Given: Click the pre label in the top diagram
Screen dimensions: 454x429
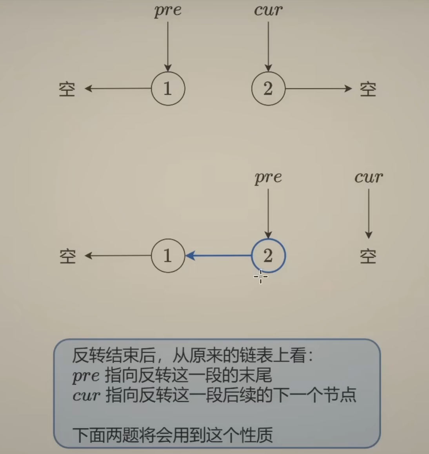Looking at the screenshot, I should click(x=168, y=11).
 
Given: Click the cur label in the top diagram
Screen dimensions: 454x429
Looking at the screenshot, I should click(x=268, y=10).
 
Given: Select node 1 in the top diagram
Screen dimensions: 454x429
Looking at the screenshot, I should click(x=168, y=89).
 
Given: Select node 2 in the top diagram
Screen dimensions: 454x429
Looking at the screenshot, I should click(x=268, y=89).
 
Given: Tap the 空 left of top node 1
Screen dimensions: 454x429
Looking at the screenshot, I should click(x=67, y=89).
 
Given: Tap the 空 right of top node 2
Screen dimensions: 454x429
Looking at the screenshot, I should click(x=368, y=89).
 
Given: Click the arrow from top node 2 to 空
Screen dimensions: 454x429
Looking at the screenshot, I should click(x=318, y=89).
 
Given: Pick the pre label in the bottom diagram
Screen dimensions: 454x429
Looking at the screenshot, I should click(x=268, y=178).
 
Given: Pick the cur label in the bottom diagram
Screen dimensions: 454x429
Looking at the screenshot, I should click(x=369, y=177).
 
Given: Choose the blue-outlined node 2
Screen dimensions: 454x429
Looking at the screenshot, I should click(x=268, y=256).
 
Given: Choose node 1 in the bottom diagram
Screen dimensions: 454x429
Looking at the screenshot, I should click(x=168, y=256).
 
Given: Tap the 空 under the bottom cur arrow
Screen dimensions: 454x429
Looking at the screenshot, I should click(x=368, y=257).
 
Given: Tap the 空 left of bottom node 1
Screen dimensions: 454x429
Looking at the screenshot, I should click(x=67, y=257).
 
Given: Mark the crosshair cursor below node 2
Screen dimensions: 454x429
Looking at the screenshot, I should click(x=261, y=277).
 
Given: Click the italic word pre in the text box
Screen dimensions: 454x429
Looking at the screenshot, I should click(x=86, y=376).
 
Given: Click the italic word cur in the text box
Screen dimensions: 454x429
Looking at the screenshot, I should click(x=86, y=395).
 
